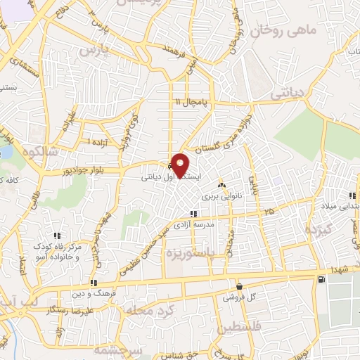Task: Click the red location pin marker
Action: (181, 165)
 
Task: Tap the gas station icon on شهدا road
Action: (321, 280)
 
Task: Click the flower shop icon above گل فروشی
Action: (239, 286)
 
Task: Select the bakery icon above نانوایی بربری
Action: (222, 185)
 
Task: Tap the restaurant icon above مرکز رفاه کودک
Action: (58, 236)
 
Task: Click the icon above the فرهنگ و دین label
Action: (94, 283)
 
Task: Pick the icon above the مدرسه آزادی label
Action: (191, 214)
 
